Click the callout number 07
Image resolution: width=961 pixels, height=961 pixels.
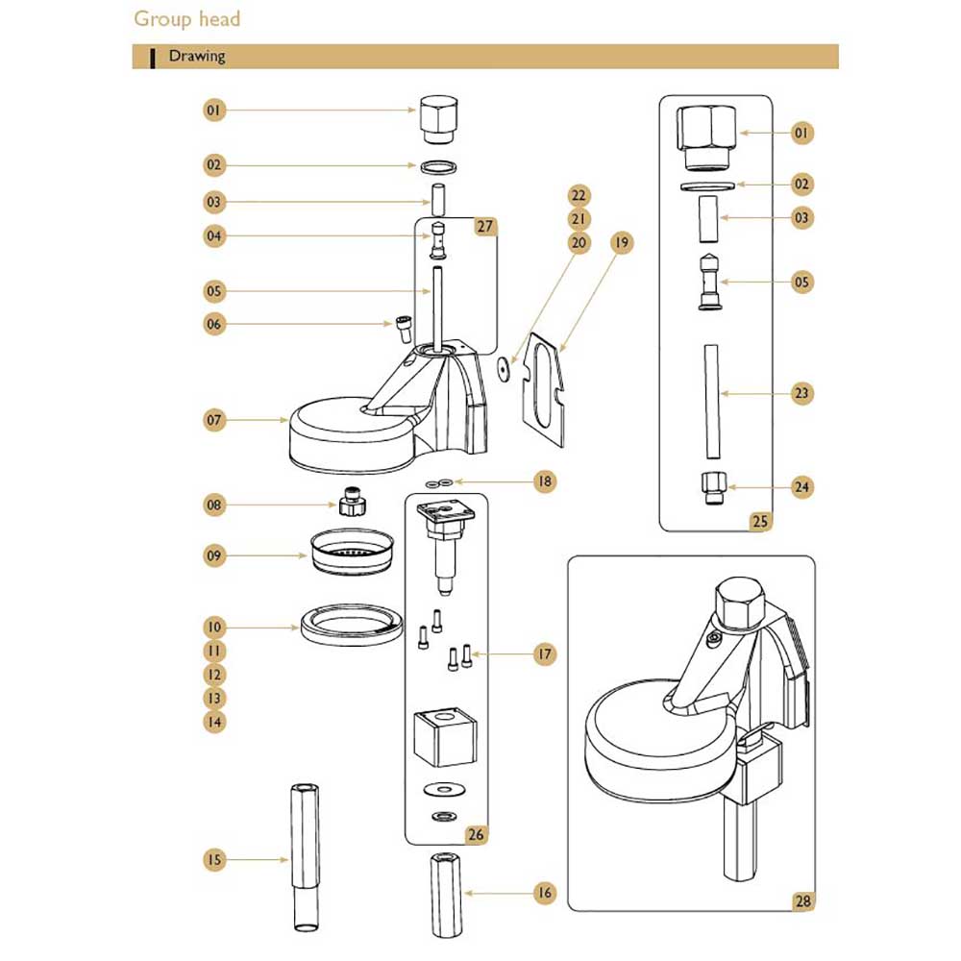(214, 421)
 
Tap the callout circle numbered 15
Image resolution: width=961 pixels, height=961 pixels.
(214, 859)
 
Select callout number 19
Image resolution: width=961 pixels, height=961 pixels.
(622, 243)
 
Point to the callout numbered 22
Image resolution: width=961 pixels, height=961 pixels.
(579, 195)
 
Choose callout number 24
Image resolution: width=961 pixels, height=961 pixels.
(801, 487)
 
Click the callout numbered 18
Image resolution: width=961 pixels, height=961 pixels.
(544, 481)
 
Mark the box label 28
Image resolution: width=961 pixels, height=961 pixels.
(802, 901)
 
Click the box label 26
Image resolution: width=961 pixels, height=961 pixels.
(476, 834)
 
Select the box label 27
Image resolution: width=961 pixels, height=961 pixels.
(484, 226)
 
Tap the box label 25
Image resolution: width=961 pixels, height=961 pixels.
(760, 521)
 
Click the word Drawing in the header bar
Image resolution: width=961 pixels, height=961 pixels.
(197, 57)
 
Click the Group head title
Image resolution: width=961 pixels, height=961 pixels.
(187, 19)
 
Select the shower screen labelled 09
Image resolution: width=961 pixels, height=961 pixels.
(352, 552)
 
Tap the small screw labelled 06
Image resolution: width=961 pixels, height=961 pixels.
(404, 330)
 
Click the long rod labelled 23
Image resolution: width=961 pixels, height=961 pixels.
(711, 402)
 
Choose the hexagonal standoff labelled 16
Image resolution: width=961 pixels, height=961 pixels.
(446, 895)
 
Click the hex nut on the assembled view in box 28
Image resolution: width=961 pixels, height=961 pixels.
(739, 604)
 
